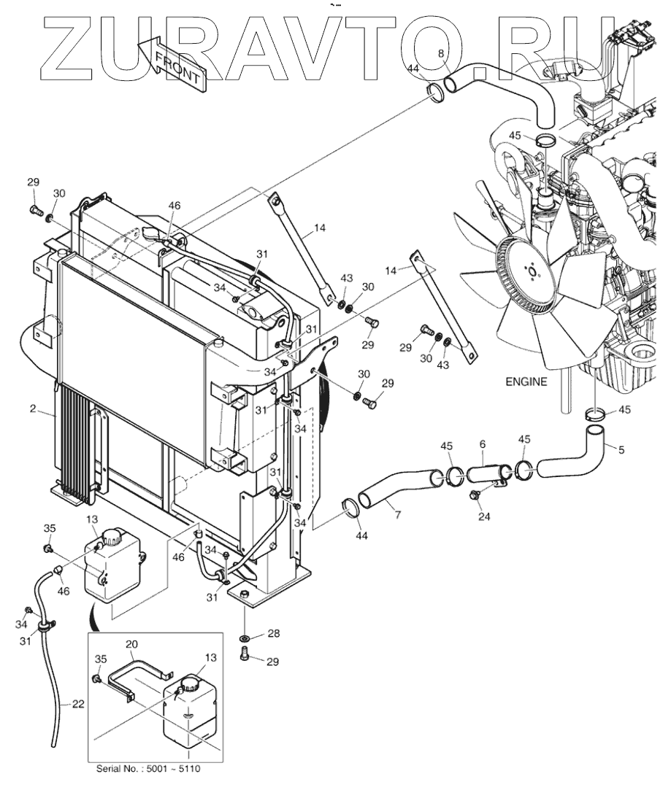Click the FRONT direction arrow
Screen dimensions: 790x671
tap(178, 67)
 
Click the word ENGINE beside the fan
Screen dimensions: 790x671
tap(525, 382)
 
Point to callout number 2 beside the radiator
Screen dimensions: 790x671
tap(32, 409)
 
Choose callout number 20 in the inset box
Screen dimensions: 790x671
tap(131, 644)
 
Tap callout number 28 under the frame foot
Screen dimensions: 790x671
tap(273, 633)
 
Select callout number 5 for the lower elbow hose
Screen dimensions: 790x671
tap(621, 450)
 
